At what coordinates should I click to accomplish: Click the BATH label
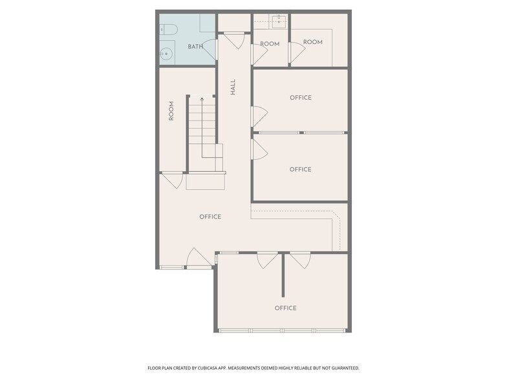tap(195, 47)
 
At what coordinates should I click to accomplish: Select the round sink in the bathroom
tap(166, 53)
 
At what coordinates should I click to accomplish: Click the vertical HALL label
tap(233, 87)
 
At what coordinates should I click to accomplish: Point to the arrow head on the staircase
tap(202, 98)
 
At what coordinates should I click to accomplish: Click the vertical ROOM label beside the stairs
tap(171, 111)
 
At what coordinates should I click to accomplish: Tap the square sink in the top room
tap(278, 21)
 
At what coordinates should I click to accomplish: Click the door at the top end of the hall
tap(234, 40)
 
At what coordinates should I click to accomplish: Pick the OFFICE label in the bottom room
tap(286, 308)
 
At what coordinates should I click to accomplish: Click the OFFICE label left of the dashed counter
tap(210, 216)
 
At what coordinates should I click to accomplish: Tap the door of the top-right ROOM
tap(297, 52)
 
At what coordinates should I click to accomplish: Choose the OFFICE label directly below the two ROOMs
tap(301, 97)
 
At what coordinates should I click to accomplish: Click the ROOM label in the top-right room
tap(313, 42)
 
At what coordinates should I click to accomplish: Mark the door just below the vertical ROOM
tap(173, 181)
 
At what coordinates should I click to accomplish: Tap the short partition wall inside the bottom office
tap(283, 275)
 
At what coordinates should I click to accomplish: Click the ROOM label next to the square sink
tap(270, 44)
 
